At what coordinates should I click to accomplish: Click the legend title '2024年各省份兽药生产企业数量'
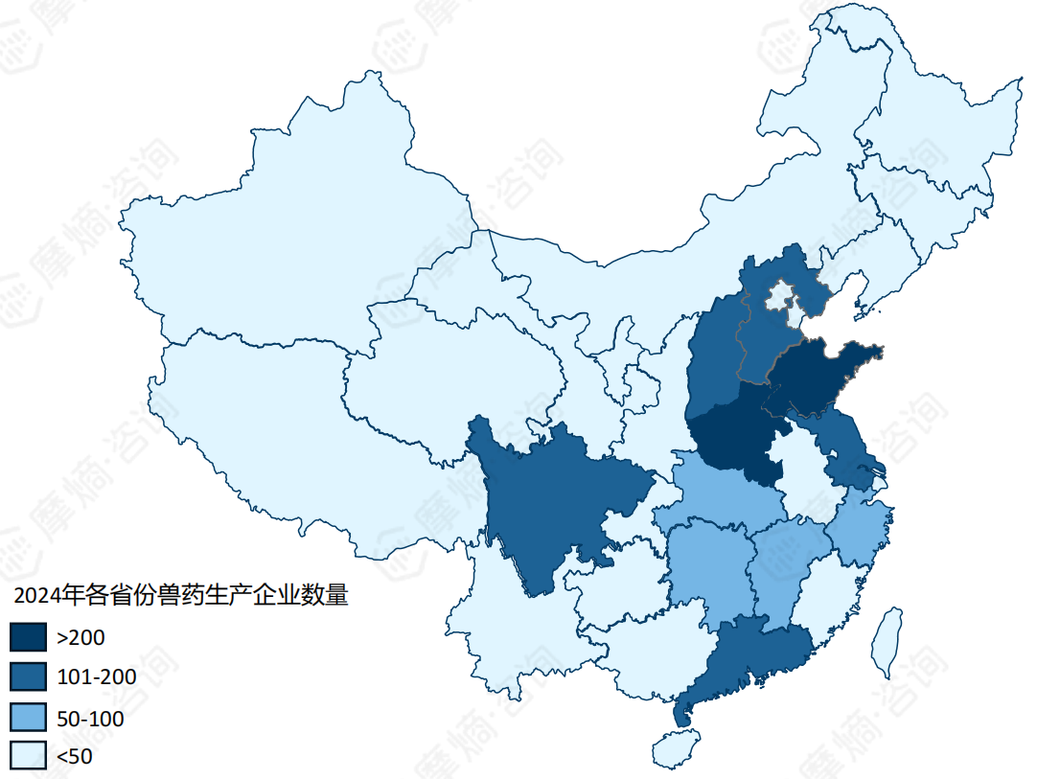point(180,595)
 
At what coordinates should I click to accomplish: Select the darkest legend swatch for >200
point(28,636)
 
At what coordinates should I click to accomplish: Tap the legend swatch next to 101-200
point(28,676)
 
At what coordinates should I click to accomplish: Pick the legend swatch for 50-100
point(28,717)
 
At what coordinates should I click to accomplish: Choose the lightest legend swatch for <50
point(28,756)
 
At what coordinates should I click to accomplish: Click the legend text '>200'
point(81,637)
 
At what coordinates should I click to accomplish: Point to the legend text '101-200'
point(96,677)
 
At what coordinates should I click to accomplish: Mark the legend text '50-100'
point(90,718)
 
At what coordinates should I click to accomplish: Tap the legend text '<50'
point(75,757)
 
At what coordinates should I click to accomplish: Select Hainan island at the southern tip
point(675,747)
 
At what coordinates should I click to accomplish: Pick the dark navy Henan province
point(738,436)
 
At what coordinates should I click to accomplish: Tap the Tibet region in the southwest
point(288,431)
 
